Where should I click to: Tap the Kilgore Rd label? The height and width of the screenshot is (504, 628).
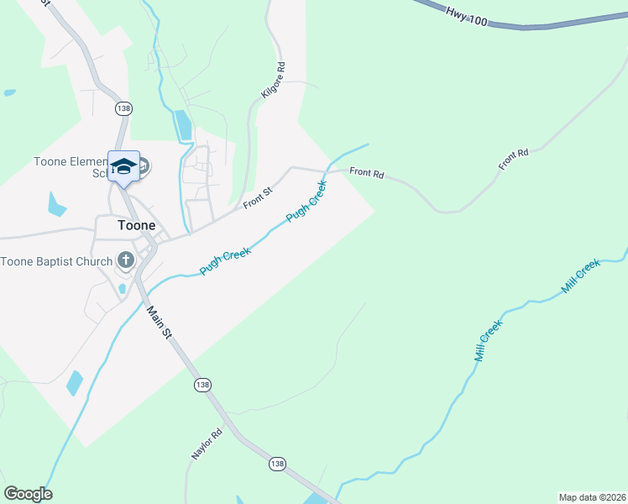pyautogui.click(x=274, y=81)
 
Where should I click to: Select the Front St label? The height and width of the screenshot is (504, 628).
pyautogui.click(x=258, y=198)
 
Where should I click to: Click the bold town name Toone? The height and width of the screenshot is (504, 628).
pyautogui.click(x=137, y=225)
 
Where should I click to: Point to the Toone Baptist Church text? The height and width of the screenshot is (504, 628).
pyautogui.click(x=56, y=261)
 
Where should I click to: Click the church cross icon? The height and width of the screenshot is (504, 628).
pyautogui.click(x=126, y=260)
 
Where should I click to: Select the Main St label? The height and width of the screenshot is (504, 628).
pyautogui.click(x=159, y=323)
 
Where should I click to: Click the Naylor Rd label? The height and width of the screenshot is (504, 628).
pyautogui.click(x=205, y=444)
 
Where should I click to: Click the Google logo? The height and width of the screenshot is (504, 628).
pyautogui.click(x=28, y=494)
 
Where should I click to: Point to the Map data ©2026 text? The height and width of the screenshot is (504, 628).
pyautogui.click(x=591, y=496)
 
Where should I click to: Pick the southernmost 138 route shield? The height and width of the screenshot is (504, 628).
pyautogui.click(x=277, y=464)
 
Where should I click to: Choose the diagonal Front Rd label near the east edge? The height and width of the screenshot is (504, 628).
pyautogui.click(x=513, y=160)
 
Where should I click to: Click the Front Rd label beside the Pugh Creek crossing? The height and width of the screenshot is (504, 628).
pyautogui.click(x=366, y=173)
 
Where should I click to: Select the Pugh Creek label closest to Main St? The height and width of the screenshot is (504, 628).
pyautogui.click(x=225, y=261)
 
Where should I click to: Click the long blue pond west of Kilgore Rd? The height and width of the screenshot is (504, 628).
pyautogui.click(x=183, y=124)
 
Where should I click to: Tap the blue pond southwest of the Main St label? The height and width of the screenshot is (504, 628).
pyautogui.click(x=76, y=383)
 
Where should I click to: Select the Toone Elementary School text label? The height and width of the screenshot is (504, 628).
pyautogui.click(x=71, y=168)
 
